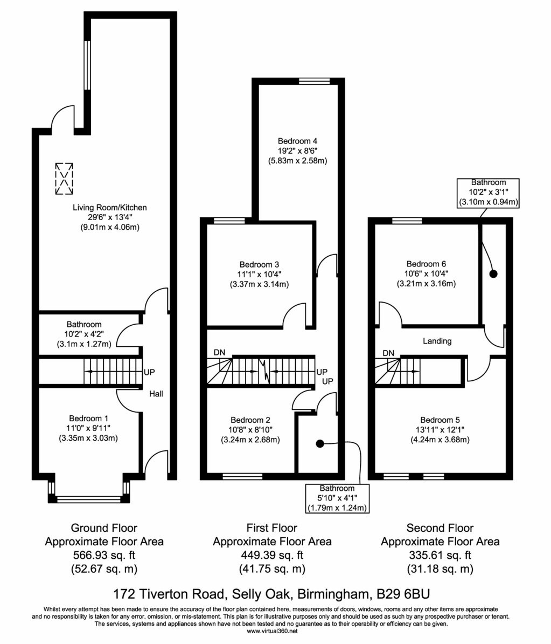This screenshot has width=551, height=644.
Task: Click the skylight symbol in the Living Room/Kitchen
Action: pos(64,179)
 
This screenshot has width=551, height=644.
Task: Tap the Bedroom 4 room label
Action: pos(297,141)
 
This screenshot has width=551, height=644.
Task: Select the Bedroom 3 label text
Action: pos(259,264)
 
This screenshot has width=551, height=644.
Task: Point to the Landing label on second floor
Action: pos(437,341)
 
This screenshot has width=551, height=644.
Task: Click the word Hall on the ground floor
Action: pos(156,394)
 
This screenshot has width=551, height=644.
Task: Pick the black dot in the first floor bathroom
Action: pos(319,444)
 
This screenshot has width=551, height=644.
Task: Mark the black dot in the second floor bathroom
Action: pos(493,274)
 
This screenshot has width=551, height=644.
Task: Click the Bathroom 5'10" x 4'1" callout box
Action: pos(338,498)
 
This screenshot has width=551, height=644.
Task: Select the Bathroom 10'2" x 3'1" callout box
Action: pos(488,193)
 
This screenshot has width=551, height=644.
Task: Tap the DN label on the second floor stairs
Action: pos(388,353)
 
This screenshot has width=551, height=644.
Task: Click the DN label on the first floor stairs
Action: pos(219,353)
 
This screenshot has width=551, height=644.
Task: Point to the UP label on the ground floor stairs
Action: pos(149,372)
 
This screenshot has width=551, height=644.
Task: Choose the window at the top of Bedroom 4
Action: pos(315,81)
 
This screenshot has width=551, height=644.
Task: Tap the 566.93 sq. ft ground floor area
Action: pos(104,555)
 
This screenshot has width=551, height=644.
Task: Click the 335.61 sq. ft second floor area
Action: pos(440,555)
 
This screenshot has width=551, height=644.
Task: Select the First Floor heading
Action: pos(271,528)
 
